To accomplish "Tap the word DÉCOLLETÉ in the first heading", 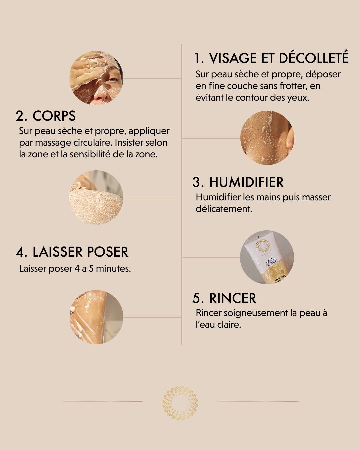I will (313, 58).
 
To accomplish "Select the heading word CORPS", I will (54, 116).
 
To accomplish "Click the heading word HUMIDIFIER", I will (246, 182).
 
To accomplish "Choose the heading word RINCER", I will (233, 298).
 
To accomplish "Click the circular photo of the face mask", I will (96, 78).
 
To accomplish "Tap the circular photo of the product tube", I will (267, 257).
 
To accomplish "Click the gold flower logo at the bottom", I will (180, 403).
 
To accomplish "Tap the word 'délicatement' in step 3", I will (223, 209).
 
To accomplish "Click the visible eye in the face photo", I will (113, 80).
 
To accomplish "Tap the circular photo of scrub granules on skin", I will (267, 138).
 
